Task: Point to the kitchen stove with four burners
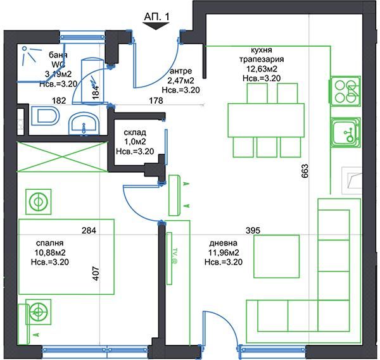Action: (346, 92)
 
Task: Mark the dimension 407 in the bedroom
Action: (97, 273)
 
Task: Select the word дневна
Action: (224, 242)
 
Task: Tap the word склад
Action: (135, 132)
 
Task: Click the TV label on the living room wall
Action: (173, 256)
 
